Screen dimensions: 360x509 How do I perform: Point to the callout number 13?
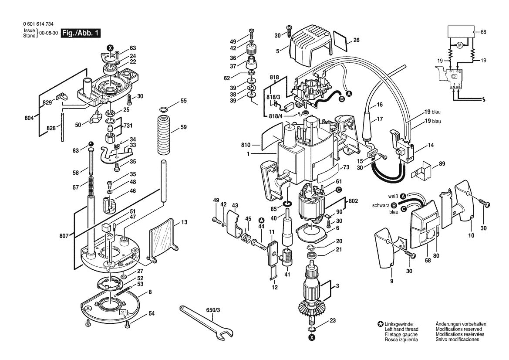coord(184,222)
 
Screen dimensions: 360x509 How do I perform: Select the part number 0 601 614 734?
coord(39,24)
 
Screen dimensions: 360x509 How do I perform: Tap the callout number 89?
coord(442,163)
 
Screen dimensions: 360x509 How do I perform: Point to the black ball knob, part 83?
coord(91,144)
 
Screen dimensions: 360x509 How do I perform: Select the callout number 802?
coord(353,201)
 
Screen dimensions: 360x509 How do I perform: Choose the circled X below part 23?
coord(312,337)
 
